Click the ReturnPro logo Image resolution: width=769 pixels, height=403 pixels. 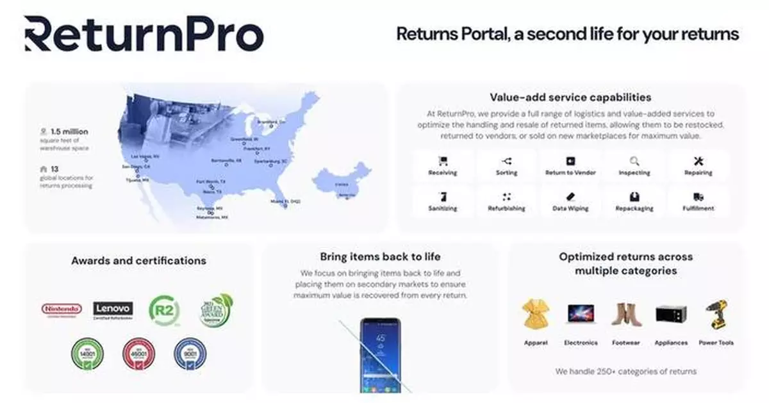pyautogui.click(x=144, y=35)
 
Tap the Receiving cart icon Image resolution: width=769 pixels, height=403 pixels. pyautogui.click(x=443, y=161)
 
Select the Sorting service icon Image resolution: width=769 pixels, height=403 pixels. pyautogui.click(x=507, y=161)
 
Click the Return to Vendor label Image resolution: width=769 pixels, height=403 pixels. pyautogui.click(x=570, y=173)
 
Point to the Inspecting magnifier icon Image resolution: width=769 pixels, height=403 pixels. pyautogui.click(x=634, y=161)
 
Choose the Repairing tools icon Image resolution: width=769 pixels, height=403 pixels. pyautogui.click(x=698, y=161)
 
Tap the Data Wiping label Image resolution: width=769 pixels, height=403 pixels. pyautogui.click(x=570, y=208)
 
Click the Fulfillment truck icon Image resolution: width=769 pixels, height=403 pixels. pyautogui.click(x=698, y=197)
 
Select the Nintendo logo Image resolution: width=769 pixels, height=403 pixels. pyautogui.click(x=62, y=309)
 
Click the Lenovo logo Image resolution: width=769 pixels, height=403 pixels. pyautogui.click(x=113, y=309)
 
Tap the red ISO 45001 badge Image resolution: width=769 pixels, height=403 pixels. pyautogui.click(x=139, y=354)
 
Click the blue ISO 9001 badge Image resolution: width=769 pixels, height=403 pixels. pyautogui.click(x=190, y=354)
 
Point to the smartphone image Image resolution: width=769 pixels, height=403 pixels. pyautogui.click(x=379, y=355)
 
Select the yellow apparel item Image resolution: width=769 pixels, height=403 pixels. pyautogui.click(x=536, y=315)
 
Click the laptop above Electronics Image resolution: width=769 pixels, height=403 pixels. pyautogui.click(x=581, y=314)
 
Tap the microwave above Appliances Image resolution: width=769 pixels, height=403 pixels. pyautogui.click(x=671, y=314)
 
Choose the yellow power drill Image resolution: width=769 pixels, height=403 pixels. pyautogui.click(x=716, y=315)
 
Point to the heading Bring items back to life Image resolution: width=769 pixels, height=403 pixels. pyautogui.click(x=380, y=257)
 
